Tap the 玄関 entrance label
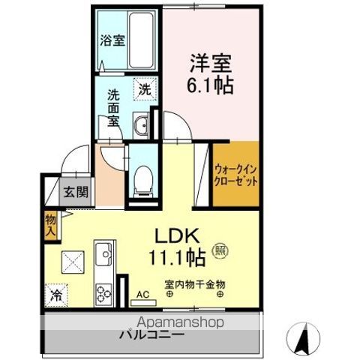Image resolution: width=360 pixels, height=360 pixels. (x=75, y=191)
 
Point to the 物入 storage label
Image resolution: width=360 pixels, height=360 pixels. (x=50, y=225)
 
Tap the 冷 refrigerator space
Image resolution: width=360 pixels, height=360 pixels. (x=57, y=295)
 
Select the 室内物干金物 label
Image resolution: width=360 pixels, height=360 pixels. (x=196, y=285)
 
